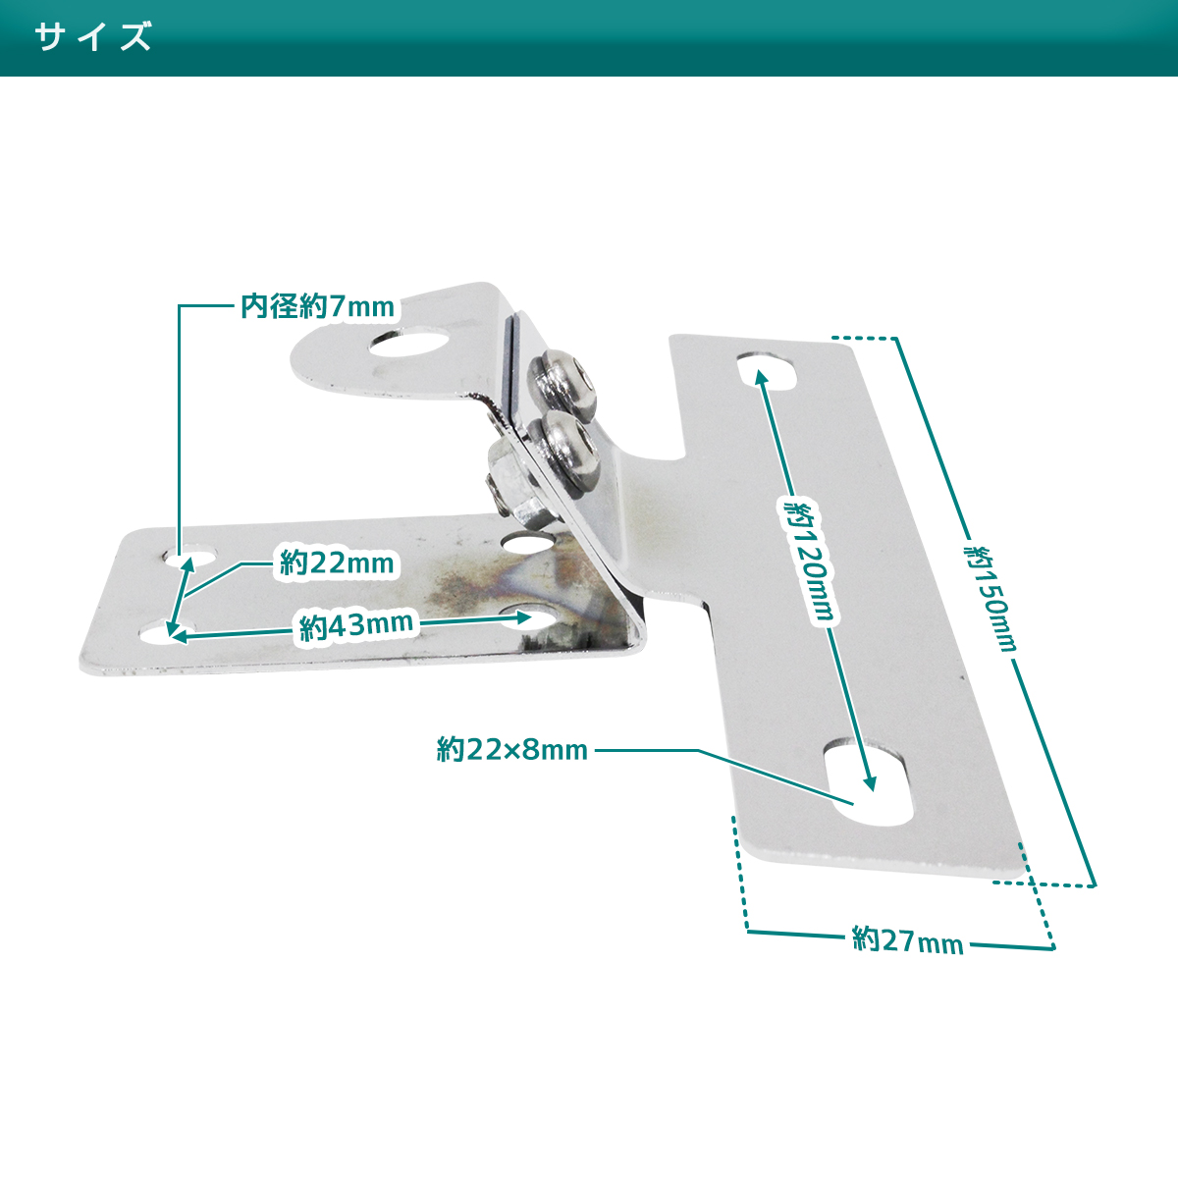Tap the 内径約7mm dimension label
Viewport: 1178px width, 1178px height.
point(318,306)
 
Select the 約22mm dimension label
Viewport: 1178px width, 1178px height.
point(337,563)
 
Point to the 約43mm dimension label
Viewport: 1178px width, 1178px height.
point(356,625)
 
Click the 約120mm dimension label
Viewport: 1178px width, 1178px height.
point(809,561)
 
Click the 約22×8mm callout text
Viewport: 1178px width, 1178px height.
point(512,750)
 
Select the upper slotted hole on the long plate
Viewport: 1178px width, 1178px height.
point(767,370)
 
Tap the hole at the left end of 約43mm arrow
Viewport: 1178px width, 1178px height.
point(165,635)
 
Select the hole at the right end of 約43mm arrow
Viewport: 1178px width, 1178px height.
point(529,616)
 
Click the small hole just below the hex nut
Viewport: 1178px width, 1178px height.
point(529,540)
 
